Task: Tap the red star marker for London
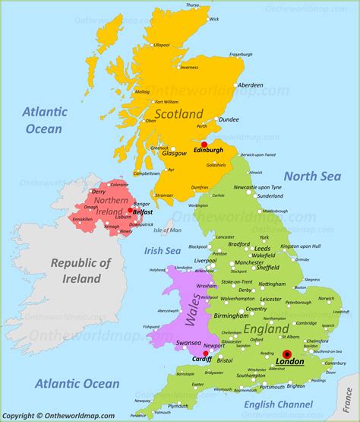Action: [x=287, y=354]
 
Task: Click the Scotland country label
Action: [x=180, y=114]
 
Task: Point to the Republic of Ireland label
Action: [x=81, y=271]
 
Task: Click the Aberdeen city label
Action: [x=250, y=84]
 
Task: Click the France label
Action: [x=353, y=395]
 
